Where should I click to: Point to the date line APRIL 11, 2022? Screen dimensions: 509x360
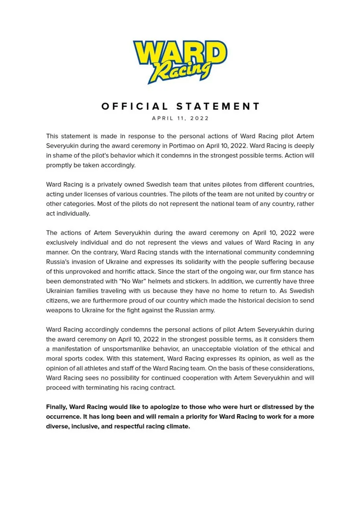tap(180, 118)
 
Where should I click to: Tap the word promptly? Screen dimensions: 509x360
tap(60, 165)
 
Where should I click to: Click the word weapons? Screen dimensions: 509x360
tap(62, 310)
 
